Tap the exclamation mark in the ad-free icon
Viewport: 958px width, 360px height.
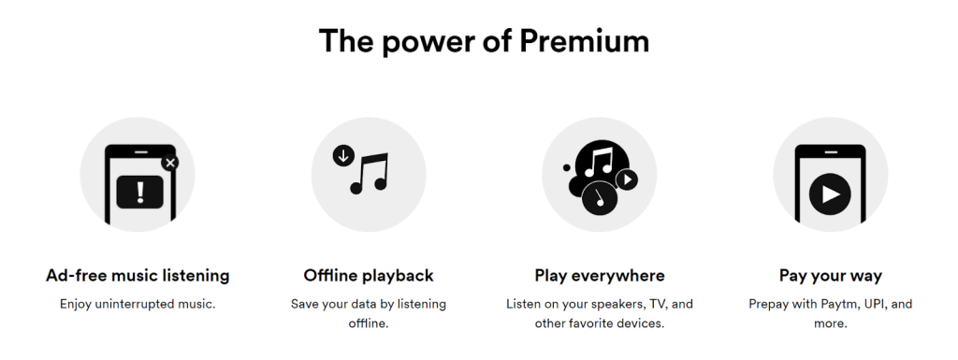tap(140, 193)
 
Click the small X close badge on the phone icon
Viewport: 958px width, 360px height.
tap(169, 162)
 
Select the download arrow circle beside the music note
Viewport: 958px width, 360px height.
tap(343, 155)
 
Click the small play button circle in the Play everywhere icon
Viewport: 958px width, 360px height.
tap(627, 179)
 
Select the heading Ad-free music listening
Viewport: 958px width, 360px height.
tap(138, 276)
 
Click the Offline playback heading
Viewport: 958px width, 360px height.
tap(369, 276)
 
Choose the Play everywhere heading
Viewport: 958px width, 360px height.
tap(600, 276)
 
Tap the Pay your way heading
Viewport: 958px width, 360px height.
tap(831, 276)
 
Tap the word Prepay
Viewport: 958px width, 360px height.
tap(770, 304)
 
